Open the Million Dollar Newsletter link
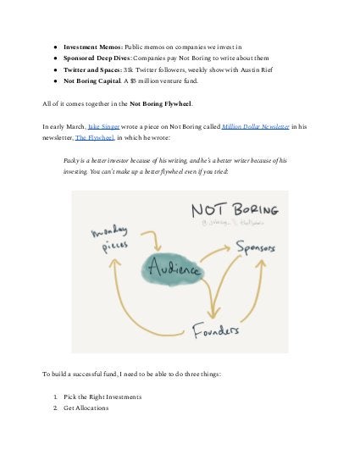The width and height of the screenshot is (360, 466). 256,125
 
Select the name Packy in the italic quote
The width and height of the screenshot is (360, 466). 73,159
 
